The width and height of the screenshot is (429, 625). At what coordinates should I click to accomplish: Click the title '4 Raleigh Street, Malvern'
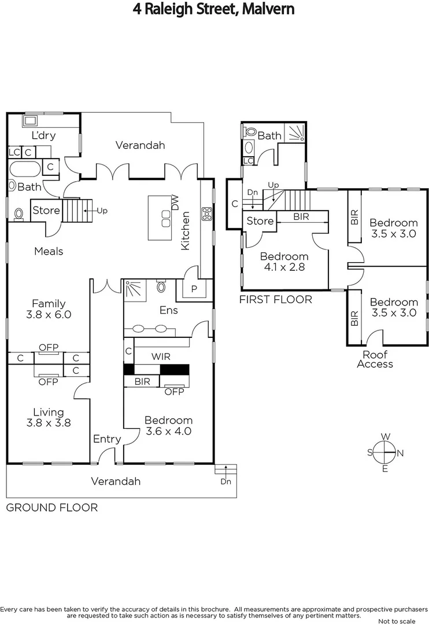[214, 9]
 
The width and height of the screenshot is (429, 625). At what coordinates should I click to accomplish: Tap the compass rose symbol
[384, 452]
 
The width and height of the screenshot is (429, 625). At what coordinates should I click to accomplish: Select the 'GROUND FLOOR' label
[51, 508]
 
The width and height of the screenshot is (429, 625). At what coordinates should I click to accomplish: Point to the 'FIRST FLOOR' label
[276, 299]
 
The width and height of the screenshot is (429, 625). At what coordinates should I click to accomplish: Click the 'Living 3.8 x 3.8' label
[48, 417]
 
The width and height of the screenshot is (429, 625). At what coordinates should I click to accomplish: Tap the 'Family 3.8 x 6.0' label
[48, 309]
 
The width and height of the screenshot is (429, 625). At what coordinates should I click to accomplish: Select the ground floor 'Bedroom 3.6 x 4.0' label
[168, 425]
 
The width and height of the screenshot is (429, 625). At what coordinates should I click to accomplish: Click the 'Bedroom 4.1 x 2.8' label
[284, 262]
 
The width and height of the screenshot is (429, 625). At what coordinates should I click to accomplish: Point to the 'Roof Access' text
[375, 359]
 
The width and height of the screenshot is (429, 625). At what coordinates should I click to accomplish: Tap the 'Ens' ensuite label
[168, 310]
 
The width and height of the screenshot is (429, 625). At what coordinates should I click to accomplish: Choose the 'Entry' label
[107, 439]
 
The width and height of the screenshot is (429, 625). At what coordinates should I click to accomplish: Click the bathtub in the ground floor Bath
[25, 170]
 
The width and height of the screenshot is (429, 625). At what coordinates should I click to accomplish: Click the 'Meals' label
[49, 251]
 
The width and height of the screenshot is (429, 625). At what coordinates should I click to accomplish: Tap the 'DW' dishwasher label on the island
[175, 203]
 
